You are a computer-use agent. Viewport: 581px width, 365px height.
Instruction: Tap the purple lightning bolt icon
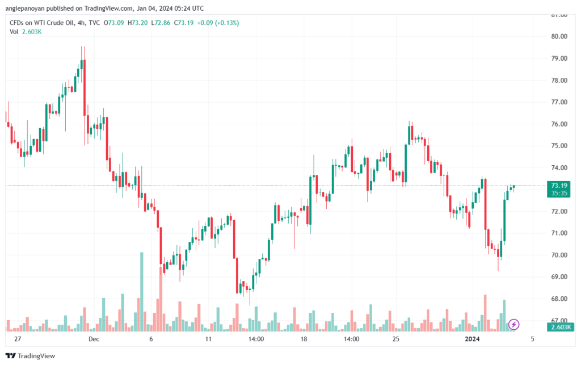click(x=514, y=324)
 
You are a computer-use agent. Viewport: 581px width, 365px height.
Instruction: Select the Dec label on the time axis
click(x=94, y=339)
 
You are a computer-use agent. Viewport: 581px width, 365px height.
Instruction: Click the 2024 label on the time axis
click(x=473, y=339)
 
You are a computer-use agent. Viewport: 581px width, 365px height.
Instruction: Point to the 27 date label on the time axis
click(x=18, y=339)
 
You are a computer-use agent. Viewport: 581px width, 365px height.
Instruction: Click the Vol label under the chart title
click(x=14, y=32)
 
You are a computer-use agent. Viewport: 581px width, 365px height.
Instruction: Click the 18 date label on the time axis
click(x=304, y=339)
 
